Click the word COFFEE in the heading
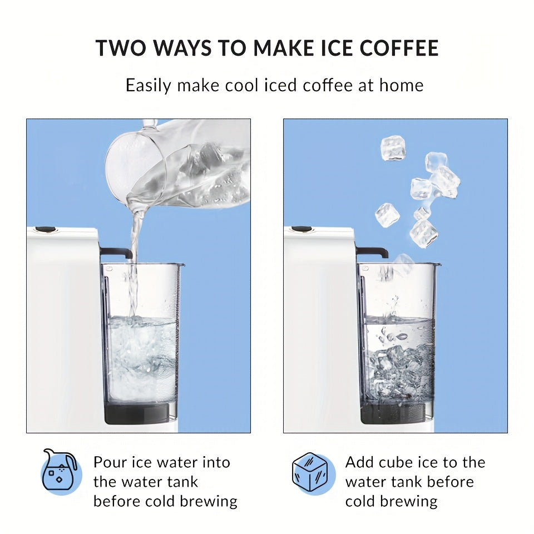399,48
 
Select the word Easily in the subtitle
148,85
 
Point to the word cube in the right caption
395,462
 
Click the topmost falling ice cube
393,148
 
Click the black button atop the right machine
301,229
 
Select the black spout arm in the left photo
116,253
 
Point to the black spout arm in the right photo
372,252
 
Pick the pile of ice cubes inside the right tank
402,371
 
